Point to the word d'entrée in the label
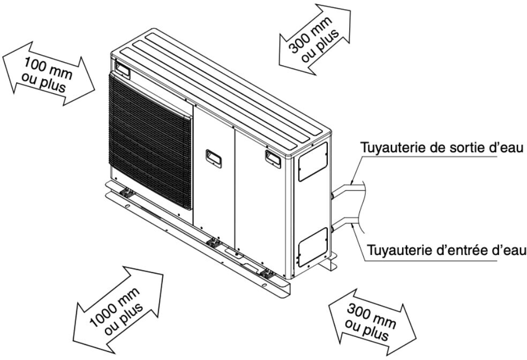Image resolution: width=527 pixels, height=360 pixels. tap(473, 250)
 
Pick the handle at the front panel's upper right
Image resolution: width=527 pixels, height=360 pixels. tap(273, 156)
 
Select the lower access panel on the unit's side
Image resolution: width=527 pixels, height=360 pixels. tap(313, 246)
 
